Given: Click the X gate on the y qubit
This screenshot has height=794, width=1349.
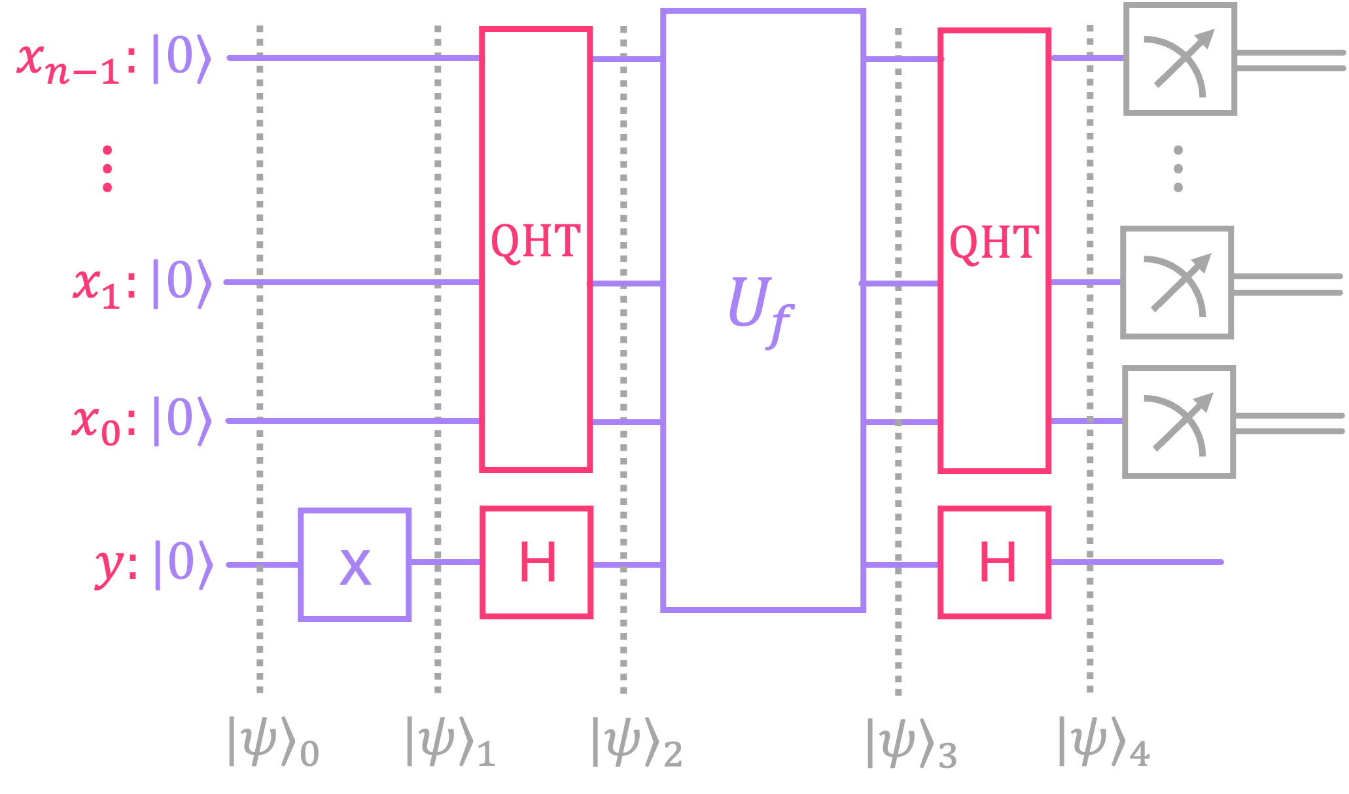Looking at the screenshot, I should (x=355, y=564).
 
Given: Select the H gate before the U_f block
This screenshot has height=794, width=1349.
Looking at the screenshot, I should (x=536, y=562).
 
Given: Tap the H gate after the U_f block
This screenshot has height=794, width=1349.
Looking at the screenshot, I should (x=994, y=562).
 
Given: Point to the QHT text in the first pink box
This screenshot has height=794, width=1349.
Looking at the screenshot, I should (x=536, y=241).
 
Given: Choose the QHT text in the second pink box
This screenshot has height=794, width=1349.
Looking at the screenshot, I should (x=994, y=242).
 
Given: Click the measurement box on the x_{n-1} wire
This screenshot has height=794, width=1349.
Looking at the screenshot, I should (x=1180, y=59).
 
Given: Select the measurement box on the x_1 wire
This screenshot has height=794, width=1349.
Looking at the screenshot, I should (x=1177, y=283).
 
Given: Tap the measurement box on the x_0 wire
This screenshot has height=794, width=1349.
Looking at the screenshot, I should (x=1178, y=422).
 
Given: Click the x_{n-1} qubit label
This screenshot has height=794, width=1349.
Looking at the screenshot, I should (x=69, y=62).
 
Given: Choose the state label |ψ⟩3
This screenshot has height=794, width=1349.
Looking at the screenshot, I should (x=911, y=744).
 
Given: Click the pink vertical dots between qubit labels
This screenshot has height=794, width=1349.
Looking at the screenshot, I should (x=107, y=169).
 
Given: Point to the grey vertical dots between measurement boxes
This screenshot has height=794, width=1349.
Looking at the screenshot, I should (x=1178, y=169).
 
